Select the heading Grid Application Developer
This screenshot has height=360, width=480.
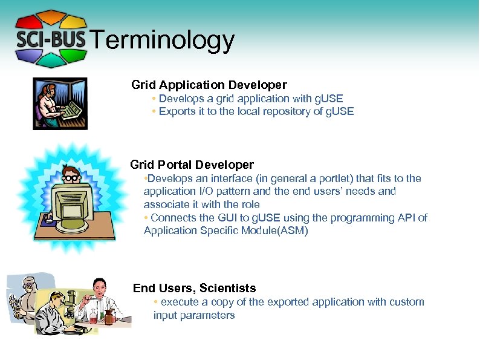209,85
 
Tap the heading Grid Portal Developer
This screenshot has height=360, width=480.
192,165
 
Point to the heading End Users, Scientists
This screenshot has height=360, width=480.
194,289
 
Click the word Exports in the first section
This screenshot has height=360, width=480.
177,111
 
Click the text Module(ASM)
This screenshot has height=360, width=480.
280,231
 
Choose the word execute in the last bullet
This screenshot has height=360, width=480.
179,302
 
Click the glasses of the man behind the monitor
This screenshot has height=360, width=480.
72,178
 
